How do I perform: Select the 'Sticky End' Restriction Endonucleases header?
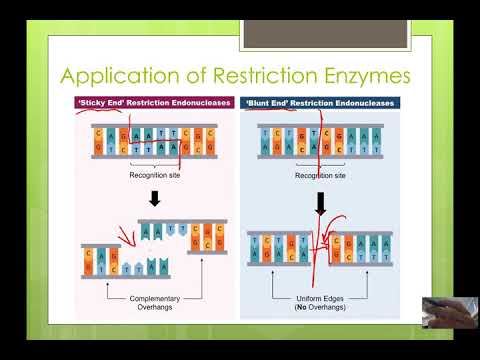pos(154,103)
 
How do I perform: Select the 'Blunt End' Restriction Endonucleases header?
pos(320,103)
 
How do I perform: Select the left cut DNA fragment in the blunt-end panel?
pos(279,249)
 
